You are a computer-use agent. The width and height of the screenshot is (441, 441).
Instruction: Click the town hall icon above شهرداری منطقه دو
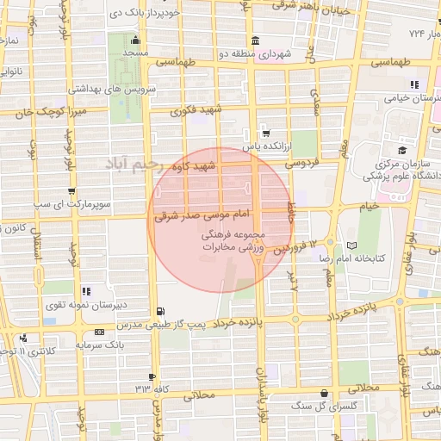coord(256,41)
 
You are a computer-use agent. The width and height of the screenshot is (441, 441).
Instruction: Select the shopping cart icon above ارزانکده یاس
coord(266,134)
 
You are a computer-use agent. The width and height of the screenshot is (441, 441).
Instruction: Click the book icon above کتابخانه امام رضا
coord(351,245)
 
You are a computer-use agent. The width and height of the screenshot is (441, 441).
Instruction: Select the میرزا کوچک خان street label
coord(44,112)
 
